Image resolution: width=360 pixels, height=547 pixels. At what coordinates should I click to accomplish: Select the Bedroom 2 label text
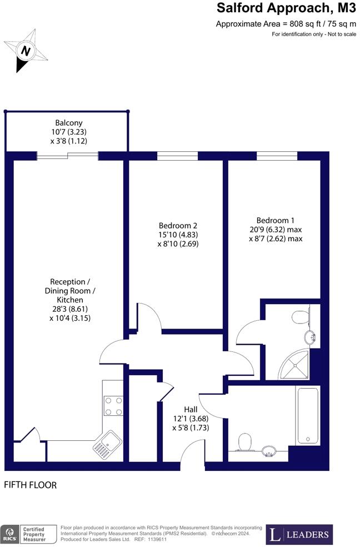178,225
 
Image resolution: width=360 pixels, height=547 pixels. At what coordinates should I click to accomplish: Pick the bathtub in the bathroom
307,415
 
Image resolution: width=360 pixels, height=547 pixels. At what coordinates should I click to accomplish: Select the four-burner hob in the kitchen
113,405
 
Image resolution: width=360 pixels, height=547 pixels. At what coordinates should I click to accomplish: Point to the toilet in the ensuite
301,318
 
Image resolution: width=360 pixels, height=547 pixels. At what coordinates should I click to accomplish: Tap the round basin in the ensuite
310,337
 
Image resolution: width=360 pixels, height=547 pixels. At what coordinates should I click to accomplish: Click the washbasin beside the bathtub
269,450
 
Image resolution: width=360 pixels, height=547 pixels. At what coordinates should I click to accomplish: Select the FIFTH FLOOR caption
31,485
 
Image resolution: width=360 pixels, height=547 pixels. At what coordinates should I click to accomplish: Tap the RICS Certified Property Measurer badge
29,534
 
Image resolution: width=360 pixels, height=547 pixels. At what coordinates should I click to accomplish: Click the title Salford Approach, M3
286,8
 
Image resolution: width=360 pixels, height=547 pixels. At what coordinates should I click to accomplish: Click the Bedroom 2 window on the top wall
173,156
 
